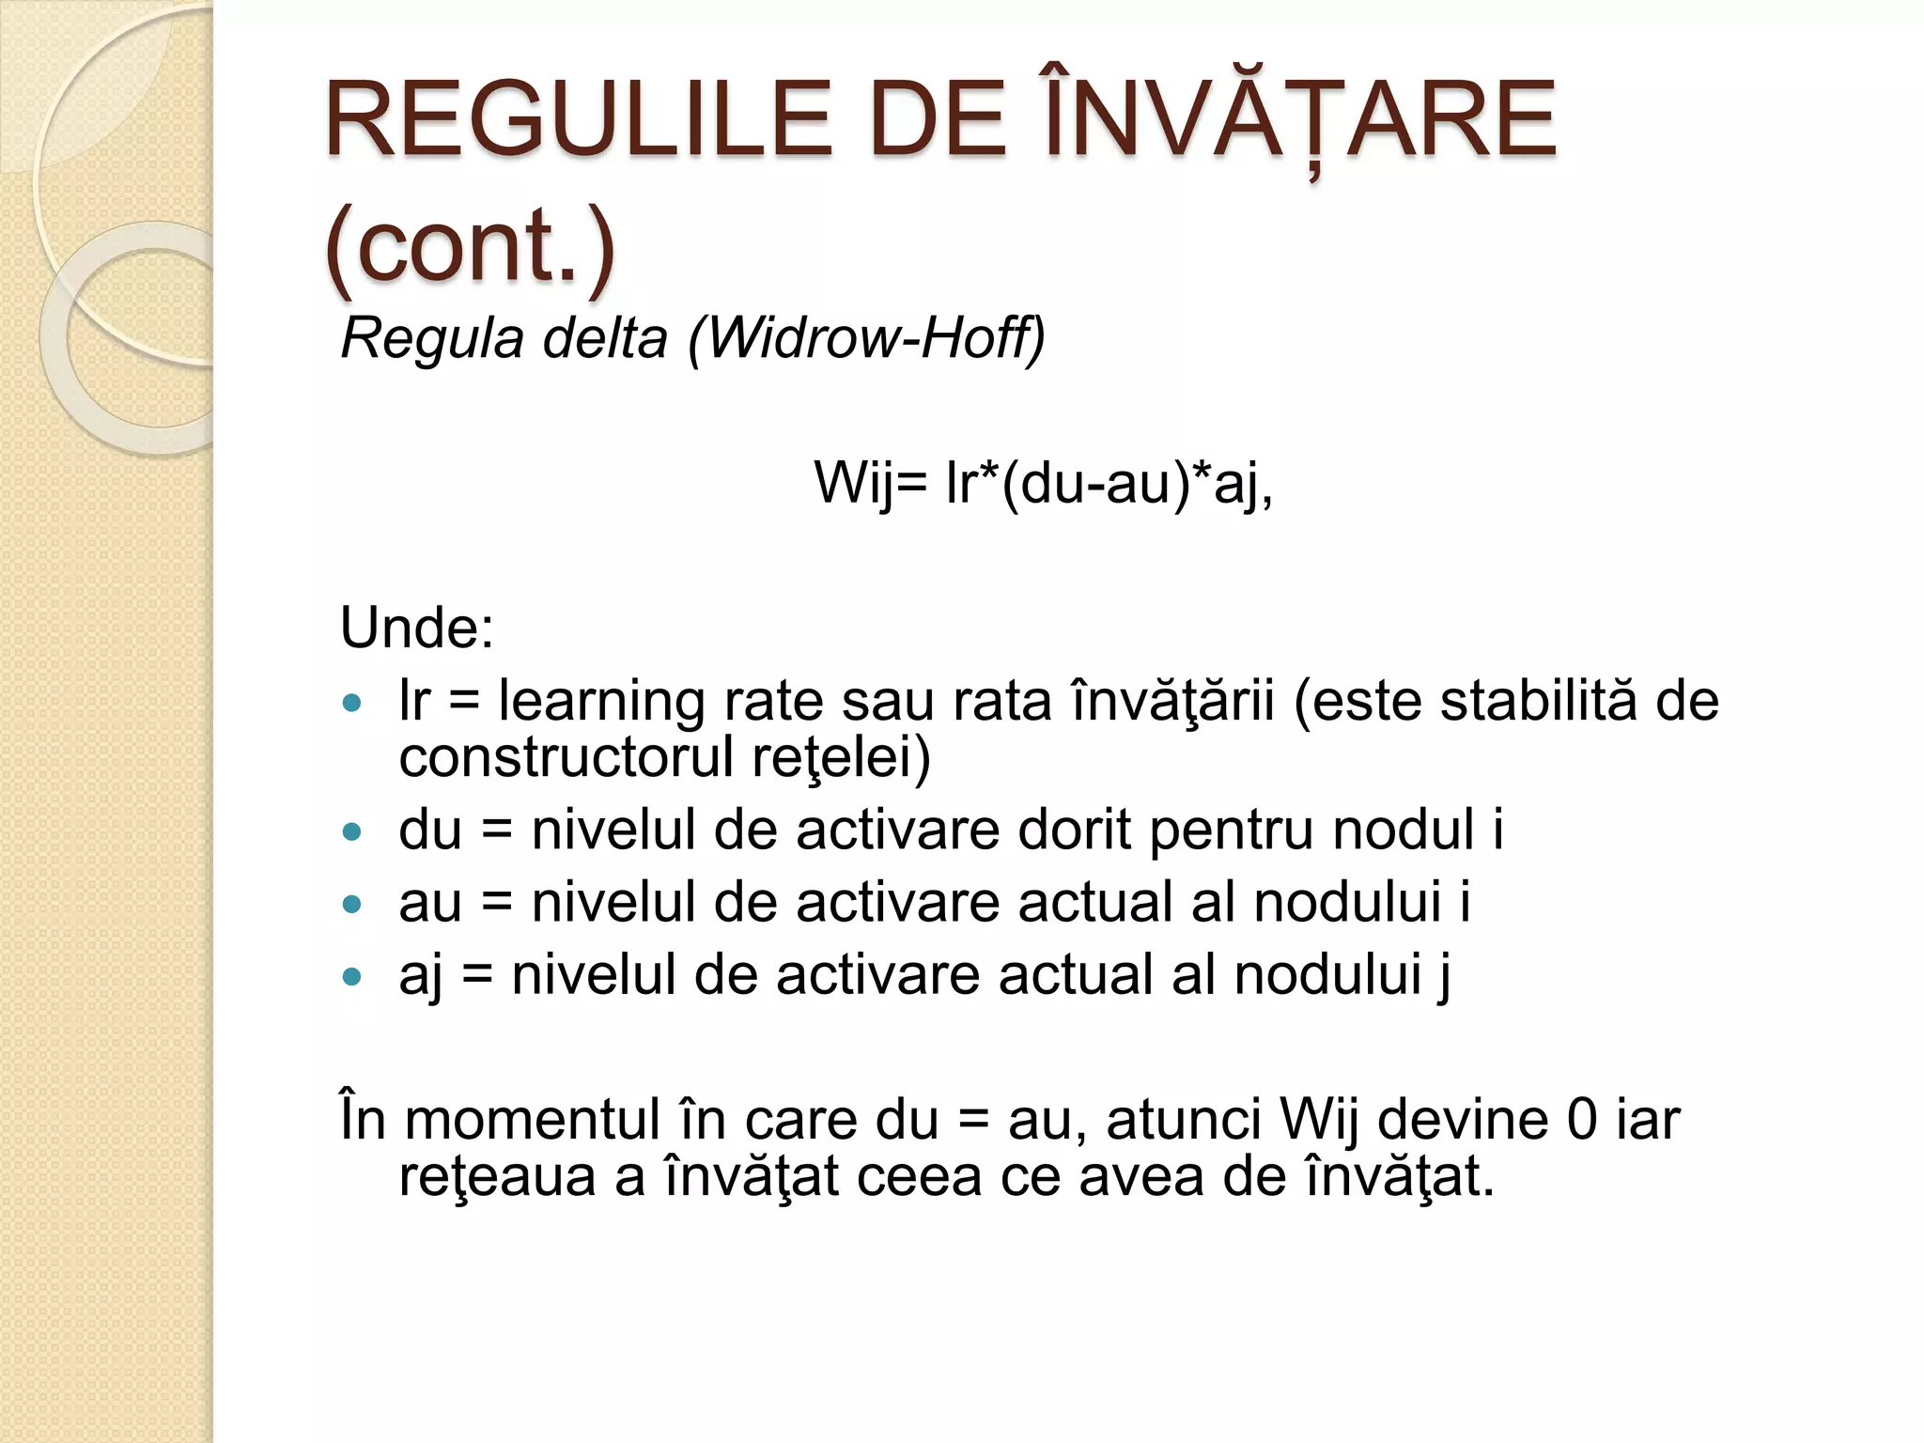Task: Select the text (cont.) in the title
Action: coord(470,246)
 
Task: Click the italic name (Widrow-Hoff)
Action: coord(866,337)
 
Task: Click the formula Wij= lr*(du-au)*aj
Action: coord(1043,483)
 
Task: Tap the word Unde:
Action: coord(417,628)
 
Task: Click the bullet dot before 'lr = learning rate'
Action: coord(352,703)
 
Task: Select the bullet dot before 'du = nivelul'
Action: coord(352,831)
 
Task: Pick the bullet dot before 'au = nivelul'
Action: coord(352,904)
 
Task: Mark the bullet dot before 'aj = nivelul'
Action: coord(352,977)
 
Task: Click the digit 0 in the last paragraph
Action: coord(1582,1120)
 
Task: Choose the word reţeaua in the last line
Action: coord(497,1176)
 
